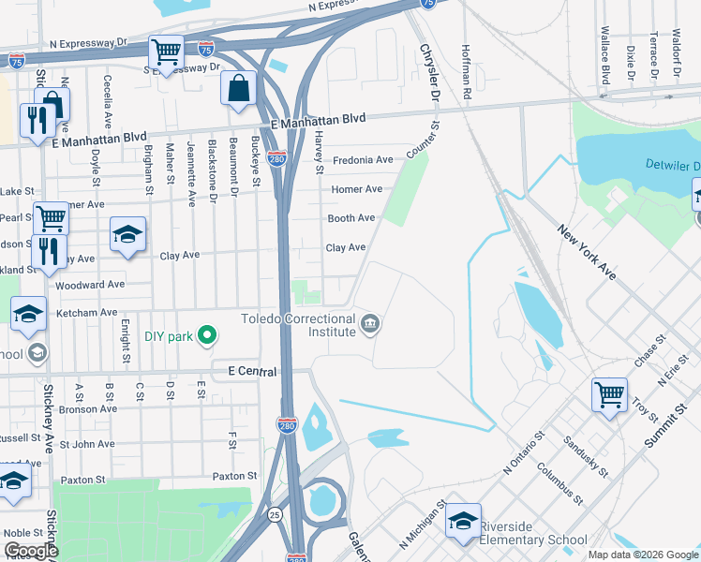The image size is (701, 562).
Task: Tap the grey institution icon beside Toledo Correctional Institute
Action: (x=371, y=325)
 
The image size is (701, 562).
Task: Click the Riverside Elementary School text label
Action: (x=533, y=540)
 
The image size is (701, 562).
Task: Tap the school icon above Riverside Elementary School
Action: (x=463, y=521)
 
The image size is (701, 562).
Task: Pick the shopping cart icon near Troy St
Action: (x=609, y=393)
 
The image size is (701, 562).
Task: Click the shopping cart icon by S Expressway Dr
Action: (x=166, y=53)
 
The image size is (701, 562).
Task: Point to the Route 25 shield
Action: (x=273, y=514)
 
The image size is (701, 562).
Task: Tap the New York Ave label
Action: (x=587, y=252)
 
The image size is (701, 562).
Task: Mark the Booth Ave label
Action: (x=350, y=218)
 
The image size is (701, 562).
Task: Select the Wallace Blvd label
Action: (x=605, y=54)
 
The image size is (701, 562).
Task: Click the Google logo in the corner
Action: (x=30, y=551)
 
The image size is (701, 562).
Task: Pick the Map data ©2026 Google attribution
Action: (x=641, y=555)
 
